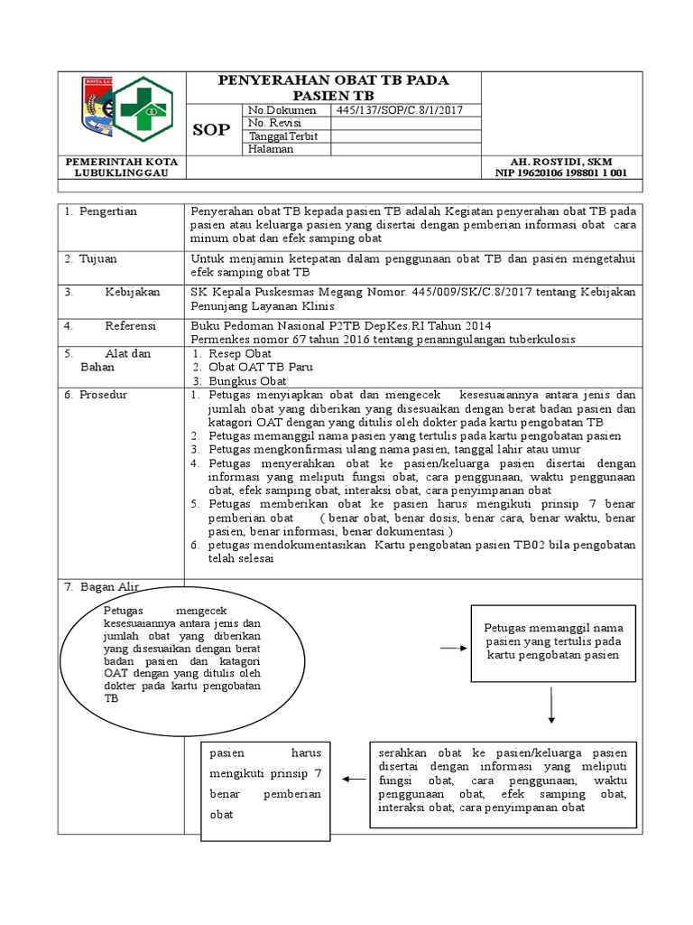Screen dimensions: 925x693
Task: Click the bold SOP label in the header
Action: click(213, 130)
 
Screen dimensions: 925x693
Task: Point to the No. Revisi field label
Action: click(274, 123)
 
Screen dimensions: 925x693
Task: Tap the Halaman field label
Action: click(272, 149)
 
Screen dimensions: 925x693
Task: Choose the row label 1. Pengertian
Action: click(100, 211)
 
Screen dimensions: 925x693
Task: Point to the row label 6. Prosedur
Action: click(96, 396)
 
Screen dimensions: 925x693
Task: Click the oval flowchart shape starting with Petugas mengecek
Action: click(182, 657)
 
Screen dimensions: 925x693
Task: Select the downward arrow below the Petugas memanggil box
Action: click(550, 705)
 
